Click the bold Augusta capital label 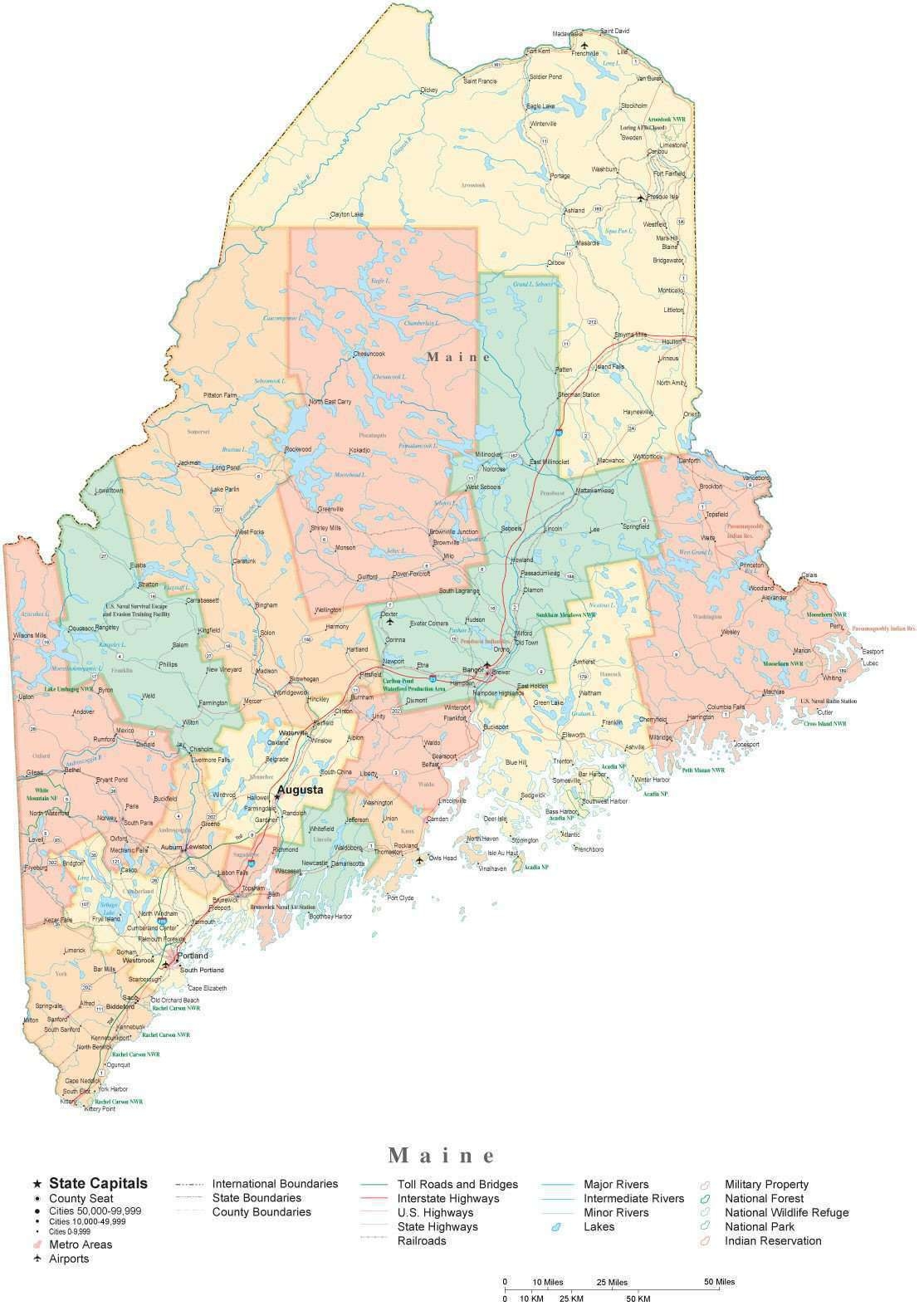(x=301, y=790)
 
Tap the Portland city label (x=194, y=956)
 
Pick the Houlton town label (x=671, y=341)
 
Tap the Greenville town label (x=330, y=509)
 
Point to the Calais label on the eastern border (x=809, y=575)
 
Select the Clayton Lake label (x=347, y=214)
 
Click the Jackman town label (x=189, y=462)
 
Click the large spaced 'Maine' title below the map (x=442, y=1155)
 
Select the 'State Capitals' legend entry (x=98, y=1183)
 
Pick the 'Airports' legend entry (x=69, y=1259)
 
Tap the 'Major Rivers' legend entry (x=617, y=1184)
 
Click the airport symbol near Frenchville (x=585, y=46)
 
